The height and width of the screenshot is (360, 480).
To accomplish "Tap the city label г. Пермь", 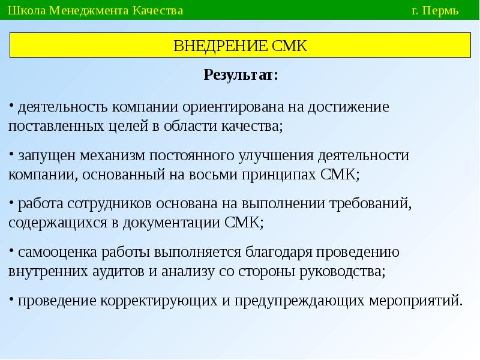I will [435, 11].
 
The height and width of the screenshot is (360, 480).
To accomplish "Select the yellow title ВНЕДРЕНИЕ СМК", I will [240, 46].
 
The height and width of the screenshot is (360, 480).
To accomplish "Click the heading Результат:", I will [241, 75].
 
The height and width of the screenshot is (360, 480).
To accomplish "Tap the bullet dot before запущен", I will [11, 154].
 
